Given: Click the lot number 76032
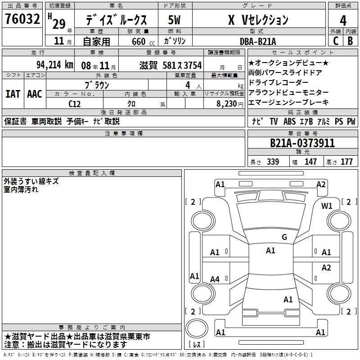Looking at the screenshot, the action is (22, 19).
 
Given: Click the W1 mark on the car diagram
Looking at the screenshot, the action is (327, 206).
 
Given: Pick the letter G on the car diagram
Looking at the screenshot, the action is (284, 237).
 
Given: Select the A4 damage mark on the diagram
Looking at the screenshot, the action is (215, 279).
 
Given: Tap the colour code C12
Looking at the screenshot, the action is (75, 103).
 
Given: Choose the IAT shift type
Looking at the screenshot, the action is (13, 94).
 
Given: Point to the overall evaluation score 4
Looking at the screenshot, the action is (343, 20).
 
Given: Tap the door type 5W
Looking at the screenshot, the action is (175, 20).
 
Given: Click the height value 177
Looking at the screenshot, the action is (347, 162).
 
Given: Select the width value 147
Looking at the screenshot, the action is (310, 162).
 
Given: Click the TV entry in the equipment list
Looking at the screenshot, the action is (274, 121).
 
